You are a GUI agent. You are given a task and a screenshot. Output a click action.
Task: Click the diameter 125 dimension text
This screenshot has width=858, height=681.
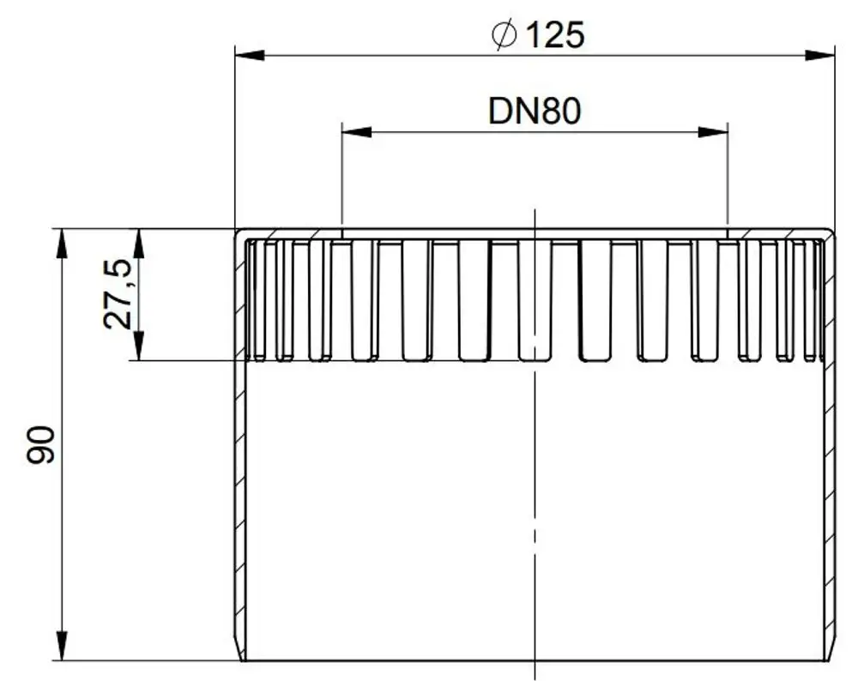539,34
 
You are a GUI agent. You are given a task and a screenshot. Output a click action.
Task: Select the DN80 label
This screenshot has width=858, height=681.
534,111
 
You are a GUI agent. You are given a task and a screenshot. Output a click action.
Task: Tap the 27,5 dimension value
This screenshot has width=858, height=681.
117,293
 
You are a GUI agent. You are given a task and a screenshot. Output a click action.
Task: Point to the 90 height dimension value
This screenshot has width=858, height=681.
41,445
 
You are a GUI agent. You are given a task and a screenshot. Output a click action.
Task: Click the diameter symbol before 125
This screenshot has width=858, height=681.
504,34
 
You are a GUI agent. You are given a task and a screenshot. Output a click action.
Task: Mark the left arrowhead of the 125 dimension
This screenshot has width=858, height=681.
250,55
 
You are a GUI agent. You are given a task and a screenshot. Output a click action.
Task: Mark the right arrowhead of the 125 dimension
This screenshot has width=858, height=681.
820,55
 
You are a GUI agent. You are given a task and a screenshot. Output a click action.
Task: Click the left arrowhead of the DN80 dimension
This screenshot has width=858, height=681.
357,132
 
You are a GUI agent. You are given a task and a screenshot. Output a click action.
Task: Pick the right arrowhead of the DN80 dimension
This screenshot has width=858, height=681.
713,132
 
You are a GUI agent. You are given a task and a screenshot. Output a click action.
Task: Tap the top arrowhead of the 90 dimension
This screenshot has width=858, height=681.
62,244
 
